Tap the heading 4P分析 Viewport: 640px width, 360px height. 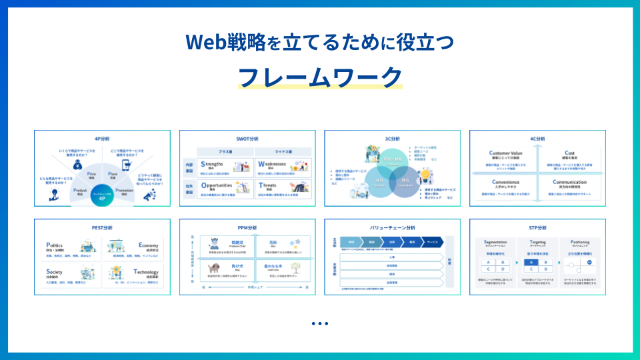(x=102, y=139)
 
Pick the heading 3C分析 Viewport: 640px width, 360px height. (x=392, y=139)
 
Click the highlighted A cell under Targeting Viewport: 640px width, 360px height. (x=530, y=262)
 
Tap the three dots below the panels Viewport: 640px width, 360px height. (x=320, y=324)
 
